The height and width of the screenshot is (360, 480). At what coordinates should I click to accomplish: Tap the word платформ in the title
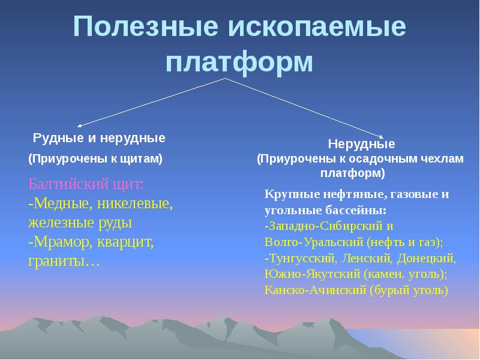[x=239, y=62]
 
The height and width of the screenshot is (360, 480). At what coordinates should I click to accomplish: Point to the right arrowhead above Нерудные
[x=380, y=136]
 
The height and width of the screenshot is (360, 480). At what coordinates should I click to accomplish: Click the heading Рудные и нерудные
[x=99, y=139]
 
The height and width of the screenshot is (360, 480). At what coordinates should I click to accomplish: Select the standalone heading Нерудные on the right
[x=361, y=145]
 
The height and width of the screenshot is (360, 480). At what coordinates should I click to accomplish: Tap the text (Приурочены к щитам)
[x=95, y=159]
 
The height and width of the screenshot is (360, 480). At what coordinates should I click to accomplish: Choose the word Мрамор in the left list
[x=62, y=242]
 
